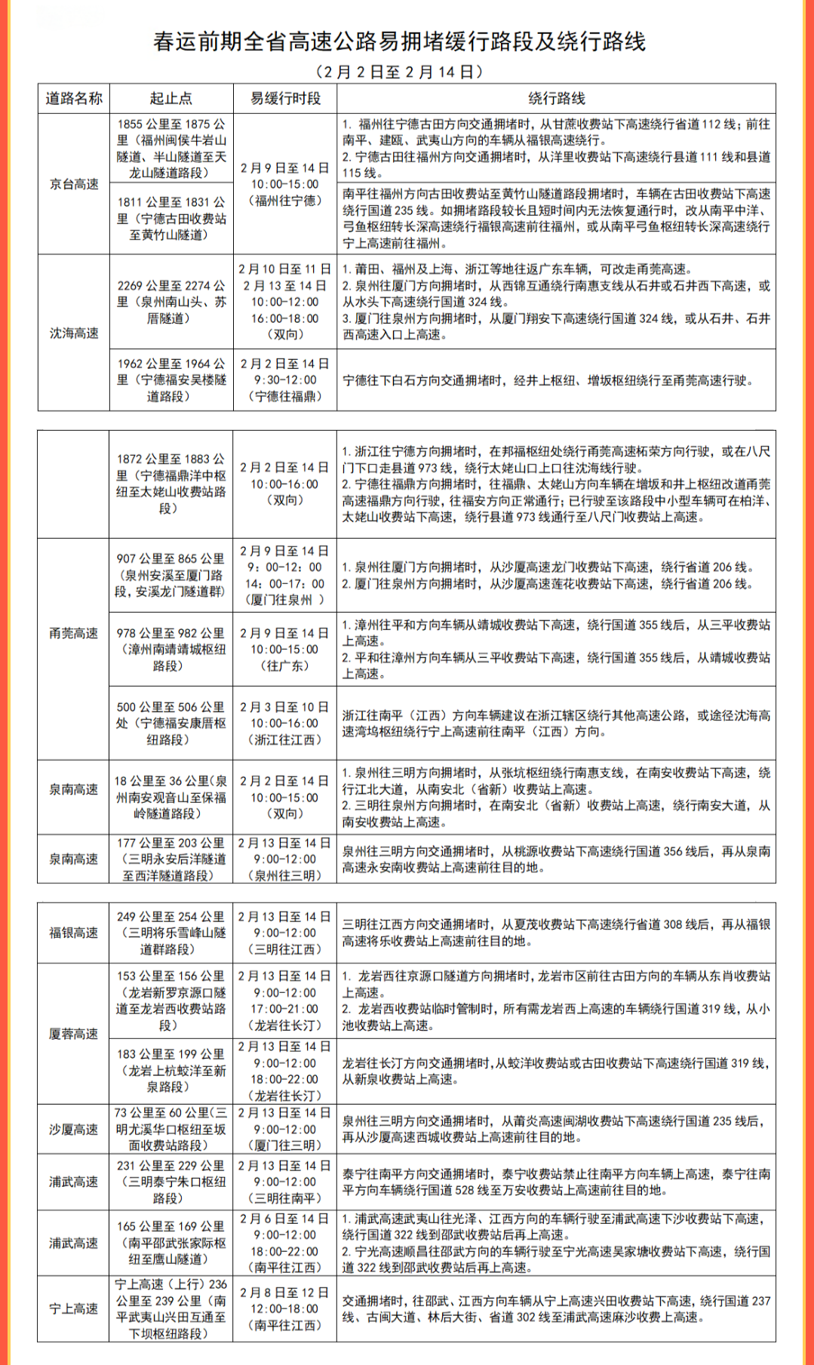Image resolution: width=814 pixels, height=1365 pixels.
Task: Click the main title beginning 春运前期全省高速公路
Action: (399, 42)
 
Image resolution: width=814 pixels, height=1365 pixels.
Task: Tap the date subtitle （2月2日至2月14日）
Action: (399, 72)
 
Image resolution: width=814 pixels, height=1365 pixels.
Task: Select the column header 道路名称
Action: (74, 99)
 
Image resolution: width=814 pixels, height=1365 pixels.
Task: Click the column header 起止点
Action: (171, 99)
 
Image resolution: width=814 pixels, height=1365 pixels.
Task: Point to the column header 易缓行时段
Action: (285, 99)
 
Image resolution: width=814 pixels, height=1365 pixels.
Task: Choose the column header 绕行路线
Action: (556, 99)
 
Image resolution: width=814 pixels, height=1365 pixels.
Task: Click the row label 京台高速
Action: (74, 184)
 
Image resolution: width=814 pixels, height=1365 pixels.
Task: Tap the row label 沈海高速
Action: (74, 333)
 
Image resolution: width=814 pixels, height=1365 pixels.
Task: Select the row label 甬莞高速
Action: (74, 633)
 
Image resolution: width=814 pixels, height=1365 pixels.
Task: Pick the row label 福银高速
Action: (74, 933)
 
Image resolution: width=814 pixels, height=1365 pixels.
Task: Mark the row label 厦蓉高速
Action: (74, 1034)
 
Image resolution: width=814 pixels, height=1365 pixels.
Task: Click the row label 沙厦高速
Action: (74, 1129)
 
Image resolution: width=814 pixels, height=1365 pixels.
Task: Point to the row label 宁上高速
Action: (74, 1308)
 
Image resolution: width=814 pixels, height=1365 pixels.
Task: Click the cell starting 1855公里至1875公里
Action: (171, 149)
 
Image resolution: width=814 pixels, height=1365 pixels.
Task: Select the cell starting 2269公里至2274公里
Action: (171, 302)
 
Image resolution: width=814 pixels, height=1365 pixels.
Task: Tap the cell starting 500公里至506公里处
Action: (171, 723)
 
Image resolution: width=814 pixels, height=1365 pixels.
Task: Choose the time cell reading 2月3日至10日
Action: (285, 723)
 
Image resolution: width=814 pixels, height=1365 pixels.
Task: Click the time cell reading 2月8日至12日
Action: (285, 1308)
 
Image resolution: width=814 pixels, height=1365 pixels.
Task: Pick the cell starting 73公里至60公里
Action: (171, 1129)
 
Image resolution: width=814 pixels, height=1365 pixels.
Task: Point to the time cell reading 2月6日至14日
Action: (285, 1243)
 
